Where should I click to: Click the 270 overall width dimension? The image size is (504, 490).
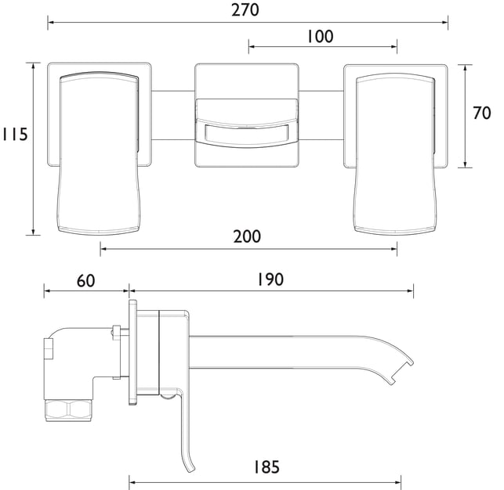click(245, 10)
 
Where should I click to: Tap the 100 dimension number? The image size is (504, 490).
click(320, 37)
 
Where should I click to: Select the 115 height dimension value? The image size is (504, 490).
click(15, 134)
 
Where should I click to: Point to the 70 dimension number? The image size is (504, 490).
click(482, 113)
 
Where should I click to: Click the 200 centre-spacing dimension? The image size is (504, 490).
click(247, 236)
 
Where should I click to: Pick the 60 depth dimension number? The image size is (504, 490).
click(85, 281)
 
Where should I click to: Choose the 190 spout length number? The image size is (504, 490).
click(270, 279)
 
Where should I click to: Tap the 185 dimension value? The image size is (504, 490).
click(267, 467)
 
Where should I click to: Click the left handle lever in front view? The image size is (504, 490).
click(99, 152)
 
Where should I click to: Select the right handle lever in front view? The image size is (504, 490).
click(396, 153)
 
